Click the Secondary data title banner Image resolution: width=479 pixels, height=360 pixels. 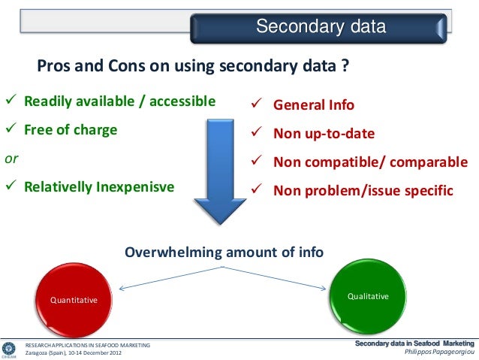pos(321,29)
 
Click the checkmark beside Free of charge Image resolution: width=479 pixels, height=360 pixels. pos(11,130)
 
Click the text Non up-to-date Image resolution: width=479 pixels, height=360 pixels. pos(324,135)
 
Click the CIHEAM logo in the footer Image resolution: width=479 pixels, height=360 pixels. pos(9,349)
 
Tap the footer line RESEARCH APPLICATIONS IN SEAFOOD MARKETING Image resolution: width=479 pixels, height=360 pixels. pos(88,344)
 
